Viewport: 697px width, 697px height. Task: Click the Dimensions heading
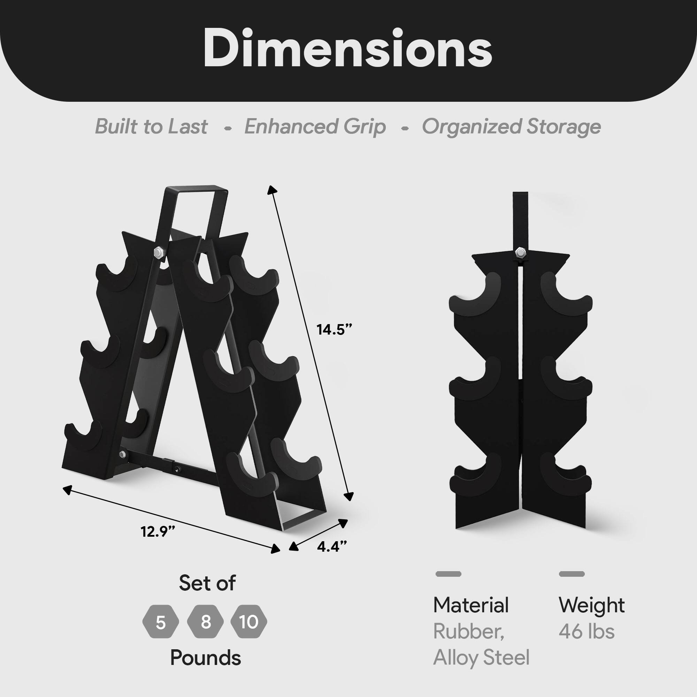(x=348, y=48)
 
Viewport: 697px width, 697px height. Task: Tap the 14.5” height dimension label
(x=334, y=329)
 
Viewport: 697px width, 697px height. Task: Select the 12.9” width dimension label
(x=158, y=531)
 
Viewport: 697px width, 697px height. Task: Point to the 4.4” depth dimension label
(x=332, y=546)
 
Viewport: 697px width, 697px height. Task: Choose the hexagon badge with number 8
(x=206, y=622)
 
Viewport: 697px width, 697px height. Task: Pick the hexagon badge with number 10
(x=249, y=622)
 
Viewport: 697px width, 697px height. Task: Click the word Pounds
(x=205, y=658)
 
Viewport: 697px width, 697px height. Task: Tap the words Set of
(x=207, y=583)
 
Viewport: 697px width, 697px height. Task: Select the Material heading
(x=471, y=605)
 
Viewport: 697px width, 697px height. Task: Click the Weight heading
(x=592, y=605)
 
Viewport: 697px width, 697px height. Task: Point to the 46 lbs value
(x=587, y=631)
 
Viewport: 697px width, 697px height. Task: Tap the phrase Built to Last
(x=151, y=127)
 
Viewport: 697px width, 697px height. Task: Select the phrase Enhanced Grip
(x=315, y=127)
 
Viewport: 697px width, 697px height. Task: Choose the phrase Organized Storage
(x=511, y=127)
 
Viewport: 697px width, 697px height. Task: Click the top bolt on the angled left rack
(x=158, y=252)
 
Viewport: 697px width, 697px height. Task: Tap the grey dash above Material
(x=449, y=574)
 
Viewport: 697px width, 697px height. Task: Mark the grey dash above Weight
(x=572, y=574)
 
